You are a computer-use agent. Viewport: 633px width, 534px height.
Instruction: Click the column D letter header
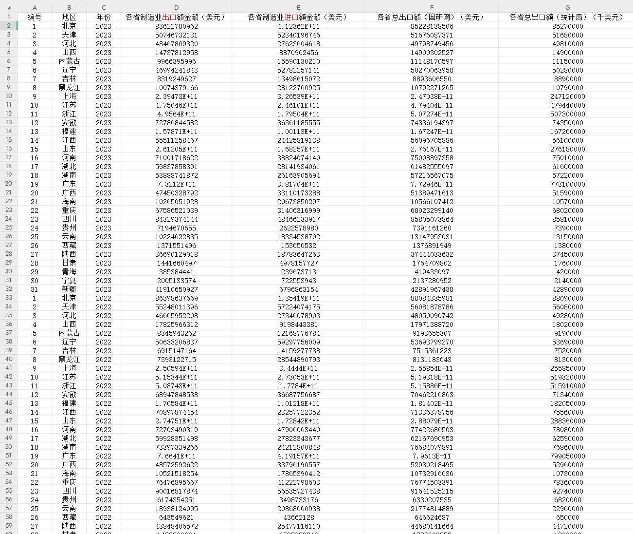point(176,7)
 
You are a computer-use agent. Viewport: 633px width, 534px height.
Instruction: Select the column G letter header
point(567,7)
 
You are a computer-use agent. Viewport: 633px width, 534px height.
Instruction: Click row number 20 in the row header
point(9,184)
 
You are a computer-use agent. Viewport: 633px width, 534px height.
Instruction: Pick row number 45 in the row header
point(9,403)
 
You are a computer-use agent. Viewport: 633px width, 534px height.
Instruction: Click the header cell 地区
point(69,17)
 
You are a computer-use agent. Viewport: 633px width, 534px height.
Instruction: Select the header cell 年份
point(104,17)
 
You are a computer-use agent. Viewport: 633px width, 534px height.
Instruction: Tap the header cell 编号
point(35,17)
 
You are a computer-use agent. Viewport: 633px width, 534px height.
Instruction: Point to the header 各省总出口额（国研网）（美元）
point(432,17)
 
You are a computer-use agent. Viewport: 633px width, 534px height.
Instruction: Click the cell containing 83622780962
point(176,26)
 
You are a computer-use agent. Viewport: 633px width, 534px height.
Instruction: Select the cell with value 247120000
point(567,96)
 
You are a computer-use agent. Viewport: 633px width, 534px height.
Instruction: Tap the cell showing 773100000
point(567,184)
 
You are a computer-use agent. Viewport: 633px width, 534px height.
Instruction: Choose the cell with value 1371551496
point(176,246)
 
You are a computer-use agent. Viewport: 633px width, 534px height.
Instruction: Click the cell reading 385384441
point(176,272)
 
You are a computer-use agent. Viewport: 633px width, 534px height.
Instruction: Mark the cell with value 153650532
point(298,246)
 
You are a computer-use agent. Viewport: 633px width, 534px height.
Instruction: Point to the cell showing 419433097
point(432,272)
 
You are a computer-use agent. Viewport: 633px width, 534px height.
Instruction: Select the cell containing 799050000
point(567,456)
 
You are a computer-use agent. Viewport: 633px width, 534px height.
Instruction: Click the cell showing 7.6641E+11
point(176,456)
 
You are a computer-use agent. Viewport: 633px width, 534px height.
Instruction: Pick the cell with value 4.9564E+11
point(176,114)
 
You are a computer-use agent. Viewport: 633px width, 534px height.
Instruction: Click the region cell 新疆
point(69,289)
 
